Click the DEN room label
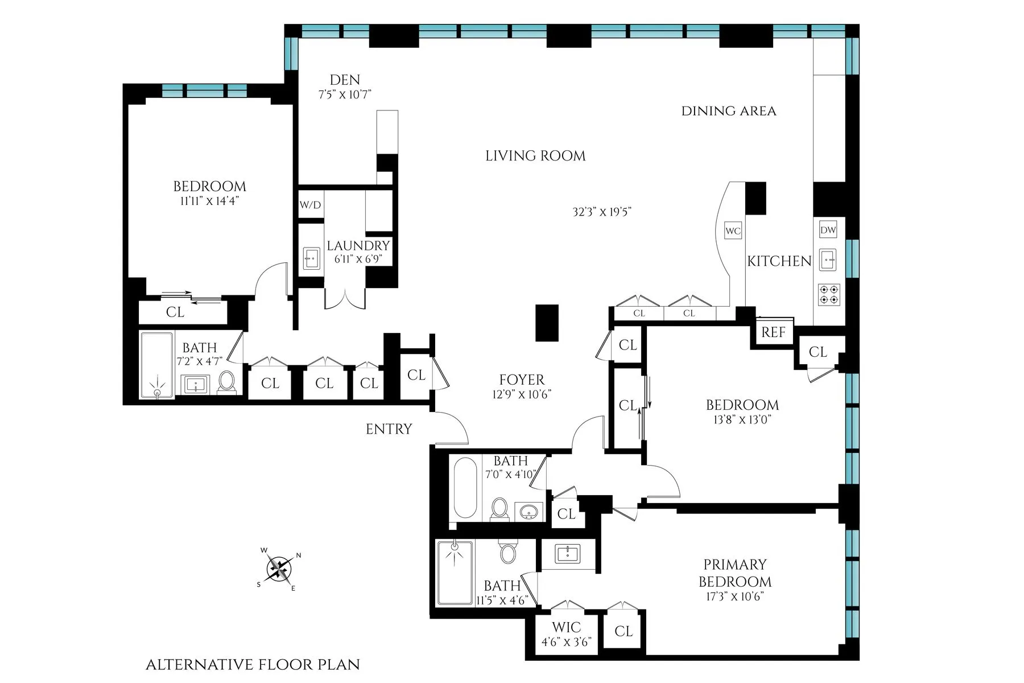click(x=345, y=80)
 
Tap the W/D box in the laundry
click(x=310, y=205)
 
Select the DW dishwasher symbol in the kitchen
click(x=828, y=230)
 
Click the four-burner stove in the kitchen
click(x=828, y=294)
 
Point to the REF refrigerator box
click(x=773, y=332)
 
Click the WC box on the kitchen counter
click(x=733, y=231)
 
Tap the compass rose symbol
click(x=279, y=568)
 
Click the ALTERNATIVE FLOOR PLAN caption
click(x=253, y=664)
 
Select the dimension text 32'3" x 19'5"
click(x=602, y=212)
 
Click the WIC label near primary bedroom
click(x=566, y=627)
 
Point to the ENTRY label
click(x=389, y=429)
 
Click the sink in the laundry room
click(x=311, y=258)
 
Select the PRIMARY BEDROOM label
click(x=734, y=573)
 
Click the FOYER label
click(x=522, y=380)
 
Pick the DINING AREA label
click(x=728, y=111)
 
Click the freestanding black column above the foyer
click(x=547, y=323)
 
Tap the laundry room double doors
click(x=345, y=299)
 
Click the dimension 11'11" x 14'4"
click(x=209, y=201)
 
